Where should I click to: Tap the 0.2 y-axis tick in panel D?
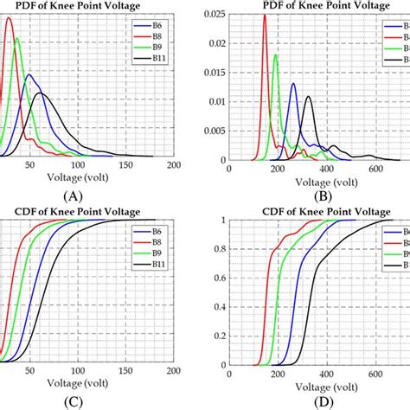coord(216,334)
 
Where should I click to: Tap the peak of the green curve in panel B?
coord(275,55)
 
